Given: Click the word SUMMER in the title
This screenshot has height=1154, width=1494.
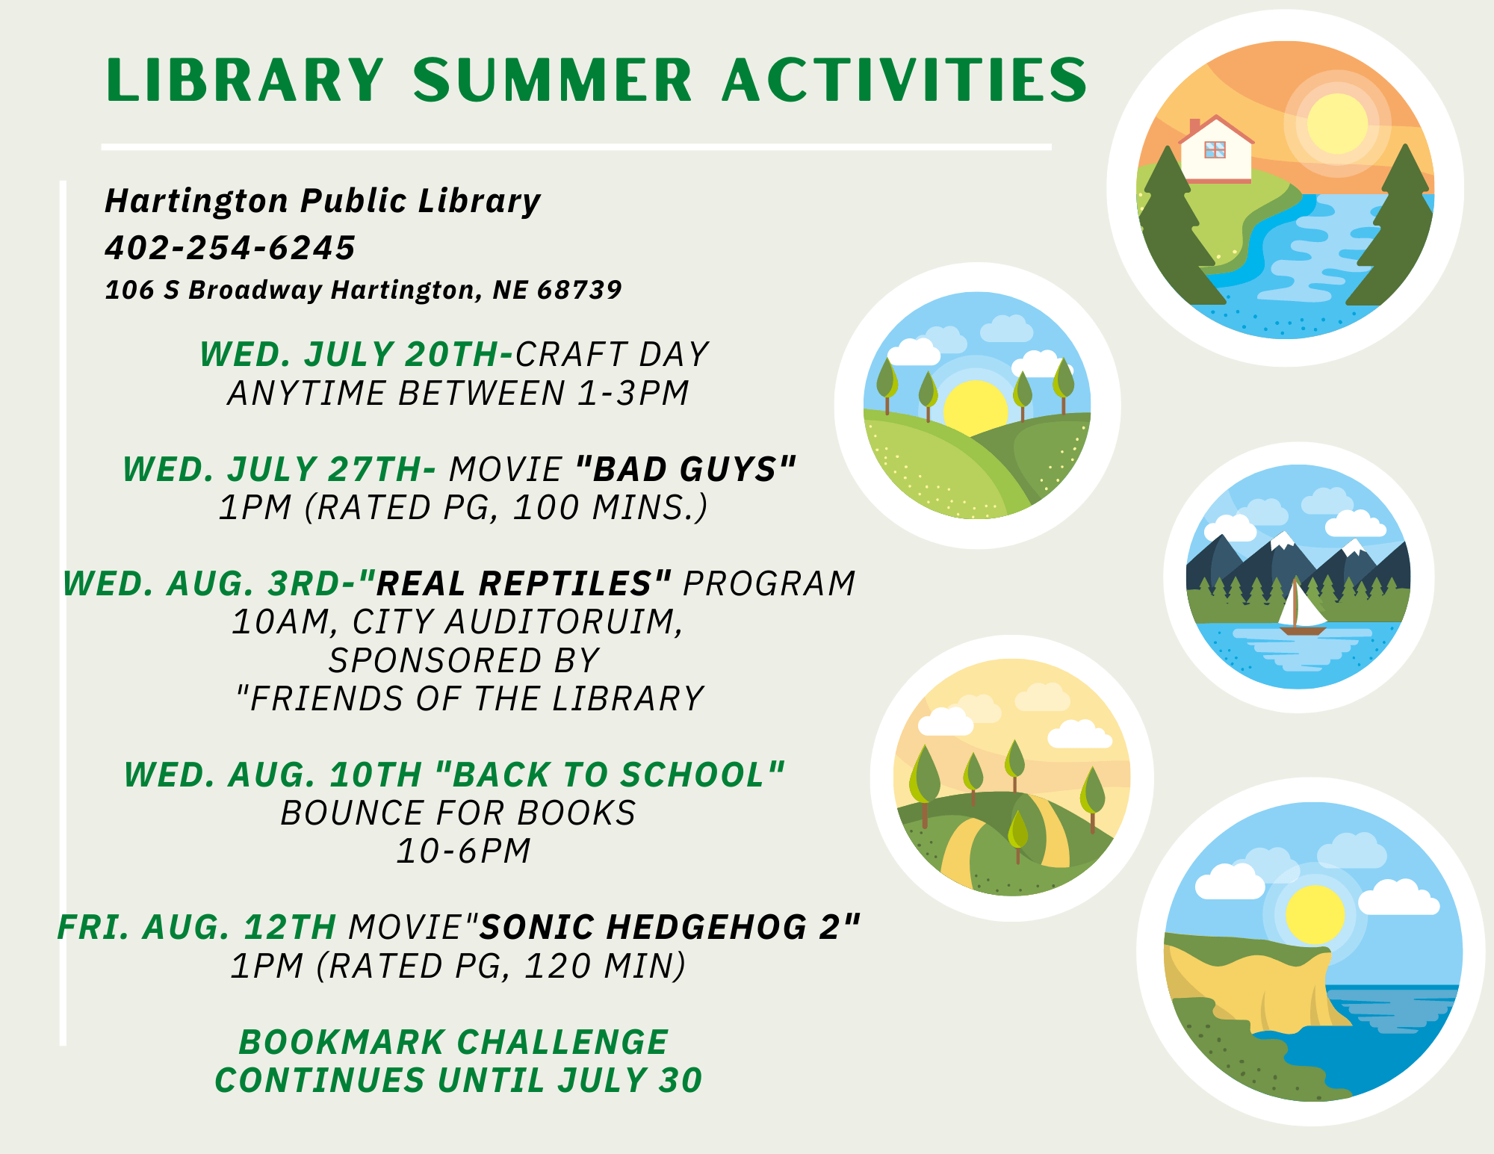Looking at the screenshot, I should point(553,80).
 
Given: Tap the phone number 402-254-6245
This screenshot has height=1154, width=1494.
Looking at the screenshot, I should point(230,248).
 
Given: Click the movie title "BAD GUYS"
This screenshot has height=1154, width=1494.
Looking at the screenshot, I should point(685,470).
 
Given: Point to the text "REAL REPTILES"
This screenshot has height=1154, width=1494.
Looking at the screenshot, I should point(514,584).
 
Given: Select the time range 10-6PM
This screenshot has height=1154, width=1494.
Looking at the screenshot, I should point(463,851).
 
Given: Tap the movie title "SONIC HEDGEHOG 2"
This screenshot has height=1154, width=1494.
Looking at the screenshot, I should point(669,928).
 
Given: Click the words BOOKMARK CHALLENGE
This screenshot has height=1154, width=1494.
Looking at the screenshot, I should point(453,1043).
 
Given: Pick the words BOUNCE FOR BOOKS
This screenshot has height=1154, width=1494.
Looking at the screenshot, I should point(458,813).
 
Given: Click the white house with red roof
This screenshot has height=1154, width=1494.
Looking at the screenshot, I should point(1215,152).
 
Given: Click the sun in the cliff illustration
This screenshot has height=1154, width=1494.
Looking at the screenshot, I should point(1315,915).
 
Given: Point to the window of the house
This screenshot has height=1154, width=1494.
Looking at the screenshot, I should point(1215,149).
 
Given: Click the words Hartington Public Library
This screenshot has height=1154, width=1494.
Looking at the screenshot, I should point(323,201).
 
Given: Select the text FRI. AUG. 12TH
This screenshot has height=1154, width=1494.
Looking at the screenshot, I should point(196,928).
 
